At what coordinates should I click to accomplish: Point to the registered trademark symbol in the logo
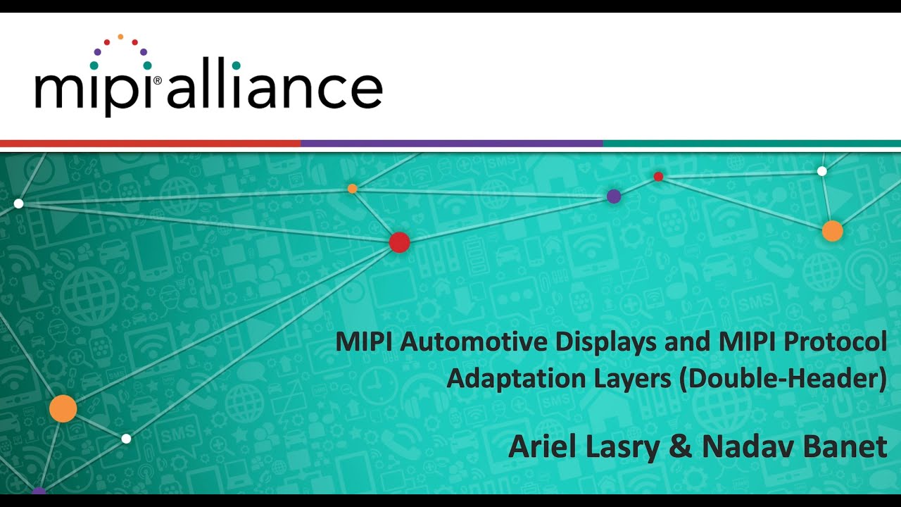coord(156,80)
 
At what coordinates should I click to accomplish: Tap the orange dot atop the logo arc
coord(120,36)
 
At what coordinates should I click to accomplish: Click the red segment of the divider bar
coord(150,144)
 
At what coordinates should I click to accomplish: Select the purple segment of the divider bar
coord(451,144)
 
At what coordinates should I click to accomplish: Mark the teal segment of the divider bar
coord(751,144)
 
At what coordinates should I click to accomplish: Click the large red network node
coord(399,242)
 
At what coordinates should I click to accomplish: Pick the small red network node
coord(658,176)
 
